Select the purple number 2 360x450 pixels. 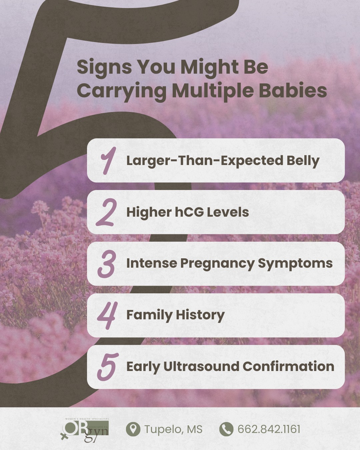[x=107, y=212]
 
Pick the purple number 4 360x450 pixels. [x=107, y=315]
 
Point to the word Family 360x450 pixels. [x=149, y=315]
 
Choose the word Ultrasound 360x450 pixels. [x=201, y=366]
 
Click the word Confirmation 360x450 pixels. [x=288, y=366]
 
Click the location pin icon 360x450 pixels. [x=133, y=429]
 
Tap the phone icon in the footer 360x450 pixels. [x=226, y=429]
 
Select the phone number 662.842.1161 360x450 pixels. [x=269, y=429]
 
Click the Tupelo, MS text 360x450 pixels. [x=173, y=429]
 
